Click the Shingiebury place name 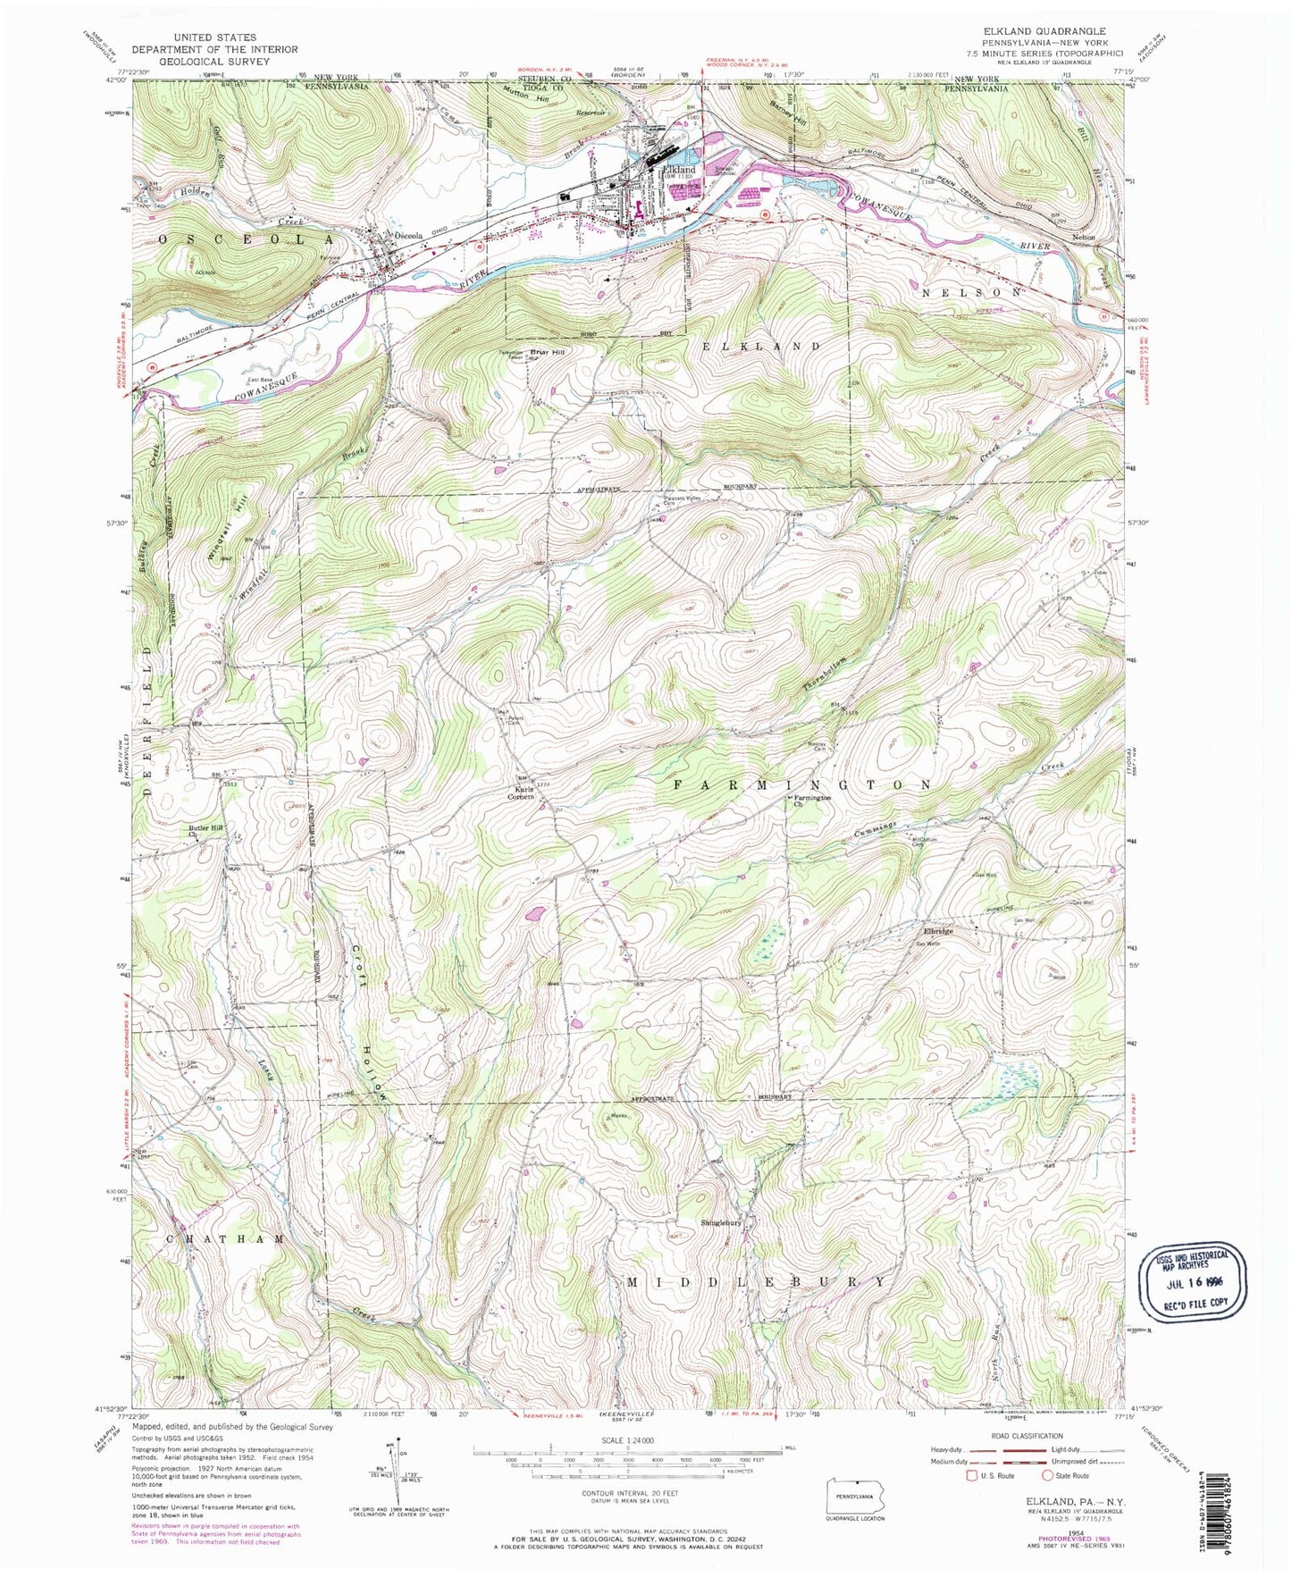click(x=722, y=1223)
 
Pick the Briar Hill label click(x=566, y=352)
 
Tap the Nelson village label click(x=1083, y=238)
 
